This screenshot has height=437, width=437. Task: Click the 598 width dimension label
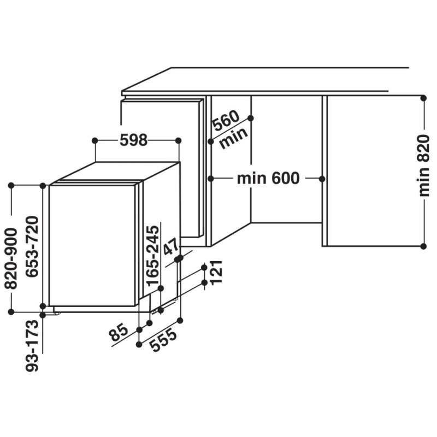(133, 140)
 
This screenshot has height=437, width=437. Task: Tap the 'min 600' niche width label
(268, 179)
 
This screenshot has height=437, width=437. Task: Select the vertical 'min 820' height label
(424, 166)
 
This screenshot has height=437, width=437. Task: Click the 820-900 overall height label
(11, 258)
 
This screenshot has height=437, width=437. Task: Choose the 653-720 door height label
(32, 247)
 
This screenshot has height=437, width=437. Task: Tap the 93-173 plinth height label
(32, 346)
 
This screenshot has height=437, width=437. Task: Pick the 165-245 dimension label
(153, 256)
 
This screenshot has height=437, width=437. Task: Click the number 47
(170, 246)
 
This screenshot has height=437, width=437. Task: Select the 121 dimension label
(216, 272)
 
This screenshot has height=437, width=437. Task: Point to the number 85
(119, 333)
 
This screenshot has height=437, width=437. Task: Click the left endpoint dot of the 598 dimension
(95, 140)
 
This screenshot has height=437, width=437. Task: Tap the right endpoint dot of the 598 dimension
(179, 140)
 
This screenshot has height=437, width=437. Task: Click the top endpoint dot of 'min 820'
(424, 98)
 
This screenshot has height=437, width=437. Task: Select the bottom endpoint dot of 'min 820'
(424, 246)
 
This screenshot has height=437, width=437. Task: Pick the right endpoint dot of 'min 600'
(322, 179)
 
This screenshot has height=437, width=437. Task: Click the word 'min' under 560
(234, 138)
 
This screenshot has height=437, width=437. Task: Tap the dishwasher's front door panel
(92, 245)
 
